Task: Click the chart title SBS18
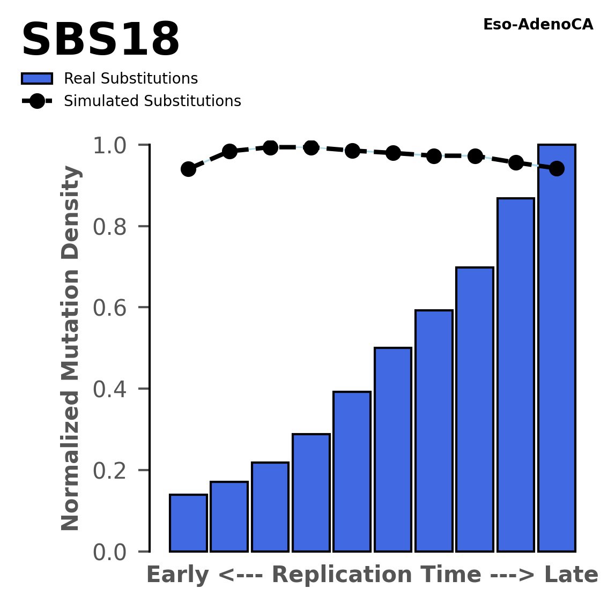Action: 100,41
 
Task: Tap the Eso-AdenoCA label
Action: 538,25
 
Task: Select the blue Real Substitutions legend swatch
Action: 36,79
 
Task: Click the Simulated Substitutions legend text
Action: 152,101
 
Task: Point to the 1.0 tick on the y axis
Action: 113,145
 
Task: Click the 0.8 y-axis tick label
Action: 113,227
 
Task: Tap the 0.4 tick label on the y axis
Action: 113,389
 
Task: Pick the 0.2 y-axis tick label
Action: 113,471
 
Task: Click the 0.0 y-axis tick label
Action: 113,552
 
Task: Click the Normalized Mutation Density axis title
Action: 71,348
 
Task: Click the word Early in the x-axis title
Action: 178,575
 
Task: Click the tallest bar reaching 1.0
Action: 557,348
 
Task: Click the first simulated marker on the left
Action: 188,169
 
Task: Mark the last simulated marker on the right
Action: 557,168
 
